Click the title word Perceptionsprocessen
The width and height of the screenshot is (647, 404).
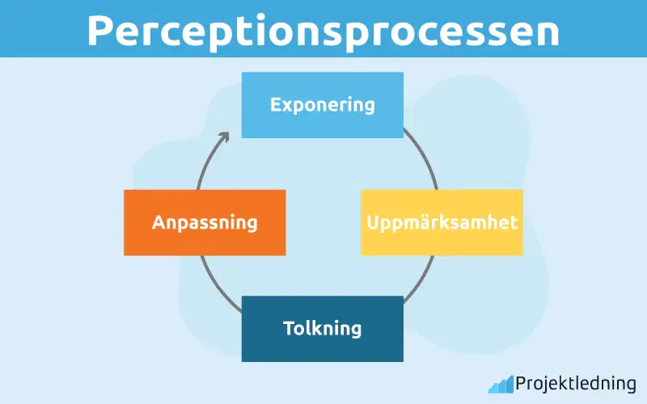(323, 31)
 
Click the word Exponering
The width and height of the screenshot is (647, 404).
(323, 104)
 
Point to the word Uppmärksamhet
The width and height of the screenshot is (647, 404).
(442, 222)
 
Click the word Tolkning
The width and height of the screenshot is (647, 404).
(323, 329)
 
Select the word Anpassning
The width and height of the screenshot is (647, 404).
(205, 222)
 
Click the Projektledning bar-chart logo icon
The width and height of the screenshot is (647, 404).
(501, 384)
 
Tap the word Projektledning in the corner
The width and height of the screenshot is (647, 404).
(576, 384)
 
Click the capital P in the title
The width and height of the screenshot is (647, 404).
(100, 31)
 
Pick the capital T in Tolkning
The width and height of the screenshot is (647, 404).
(289, 329)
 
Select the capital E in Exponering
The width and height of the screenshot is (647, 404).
(276, 104)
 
